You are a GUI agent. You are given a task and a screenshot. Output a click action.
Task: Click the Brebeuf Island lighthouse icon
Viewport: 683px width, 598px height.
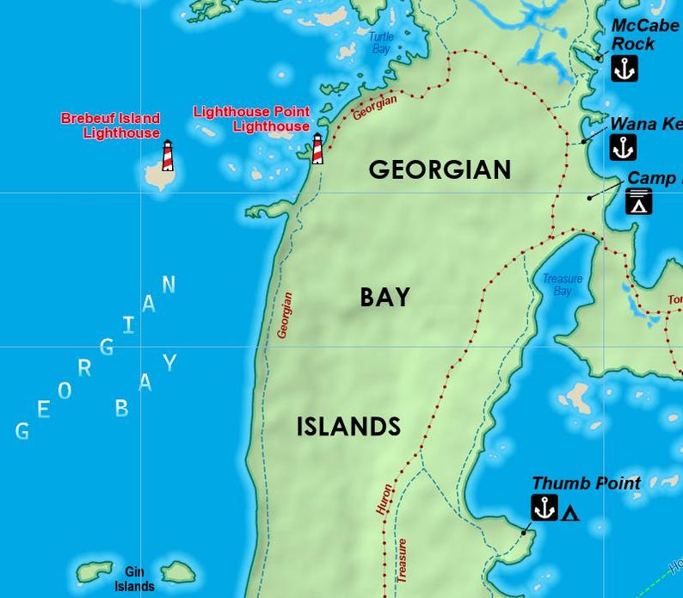[x=168, y=156]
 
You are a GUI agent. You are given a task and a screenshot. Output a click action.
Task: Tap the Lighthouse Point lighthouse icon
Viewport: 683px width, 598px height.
[x=317, y=148]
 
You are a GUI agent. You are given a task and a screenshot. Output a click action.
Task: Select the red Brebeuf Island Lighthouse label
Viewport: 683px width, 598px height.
[x=110, y=126]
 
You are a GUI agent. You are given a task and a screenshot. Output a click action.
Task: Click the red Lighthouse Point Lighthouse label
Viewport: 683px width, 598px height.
[x=251, y=119]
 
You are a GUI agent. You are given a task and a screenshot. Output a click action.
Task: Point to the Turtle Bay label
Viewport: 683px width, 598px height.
[x=379, y=43]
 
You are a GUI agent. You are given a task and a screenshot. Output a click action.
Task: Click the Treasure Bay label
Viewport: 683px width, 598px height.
[x=562, y=285]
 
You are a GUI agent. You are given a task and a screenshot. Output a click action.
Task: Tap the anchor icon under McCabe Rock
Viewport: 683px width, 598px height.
[x=624, y=68]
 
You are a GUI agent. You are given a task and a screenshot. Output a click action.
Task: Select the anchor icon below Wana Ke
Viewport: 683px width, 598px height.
[x=623, y=147]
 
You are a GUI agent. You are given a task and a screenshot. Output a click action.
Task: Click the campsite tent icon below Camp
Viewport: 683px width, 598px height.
[x=639, y=201]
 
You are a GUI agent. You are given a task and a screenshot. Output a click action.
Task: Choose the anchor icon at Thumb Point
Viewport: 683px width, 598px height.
[x=544, y=508]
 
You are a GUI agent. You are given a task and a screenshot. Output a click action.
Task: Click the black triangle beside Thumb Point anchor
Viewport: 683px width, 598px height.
[x=569, y=514]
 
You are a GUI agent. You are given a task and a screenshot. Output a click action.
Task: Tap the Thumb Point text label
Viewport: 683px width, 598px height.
[x=586, y=484]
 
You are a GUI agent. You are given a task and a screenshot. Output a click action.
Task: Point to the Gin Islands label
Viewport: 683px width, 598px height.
[x=135, y=579]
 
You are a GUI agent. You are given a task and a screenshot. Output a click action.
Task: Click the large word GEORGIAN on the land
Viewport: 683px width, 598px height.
[x=440, y=170]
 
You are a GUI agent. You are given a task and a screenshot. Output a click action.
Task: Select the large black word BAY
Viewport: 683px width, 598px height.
[x=385, y=298]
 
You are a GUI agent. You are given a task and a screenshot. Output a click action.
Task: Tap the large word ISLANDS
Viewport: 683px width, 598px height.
[x=348, y=426]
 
